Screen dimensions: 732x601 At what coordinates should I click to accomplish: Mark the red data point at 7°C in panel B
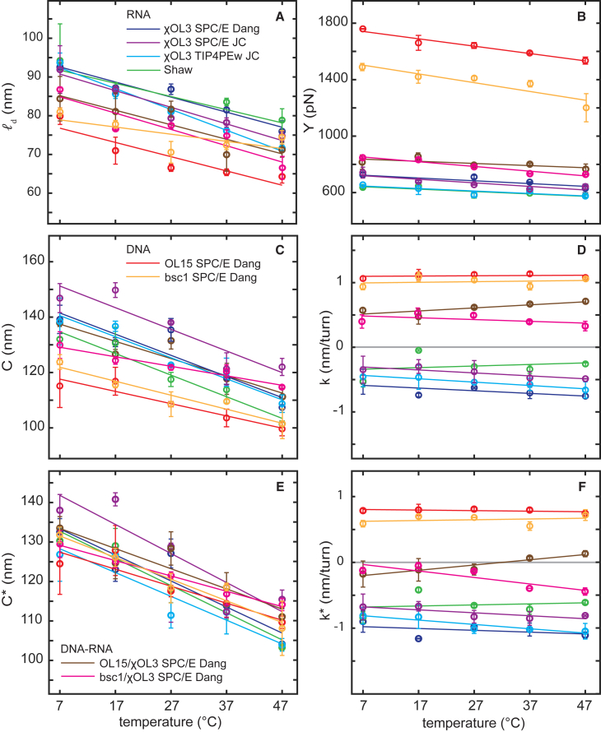point(363,29)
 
